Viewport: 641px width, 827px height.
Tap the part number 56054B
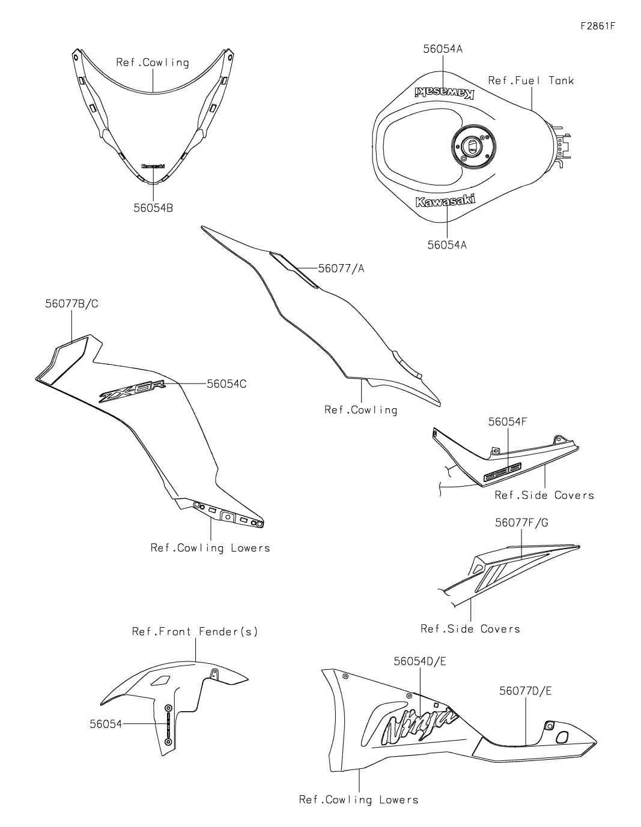pyautogui.click(x=153, y=208)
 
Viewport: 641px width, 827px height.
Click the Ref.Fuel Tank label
pyautogui.click(x=530, y=80)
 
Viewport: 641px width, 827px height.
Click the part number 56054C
pyautogui.click(x=226, y=383)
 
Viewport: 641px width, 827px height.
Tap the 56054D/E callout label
pyautogui.click(x=420, y=661)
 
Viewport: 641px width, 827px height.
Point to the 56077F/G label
pyautogui.click(x=521, y=523)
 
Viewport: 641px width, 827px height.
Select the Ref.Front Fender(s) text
pyautogui.click(x=195, y=631)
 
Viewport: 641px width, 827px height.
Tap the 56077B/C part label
pyautogui.click(x=71, y=304)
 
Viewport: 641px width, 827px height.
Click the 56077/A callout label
pyautogui.click(x=341, y=269)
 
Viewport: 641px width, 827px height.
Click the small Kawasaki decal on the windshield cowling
pyautogui.click(x=153, y=166)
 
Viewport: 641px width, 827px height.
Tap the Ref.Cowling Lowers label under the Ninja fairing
pyautogui.click(x=359, y=799)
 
